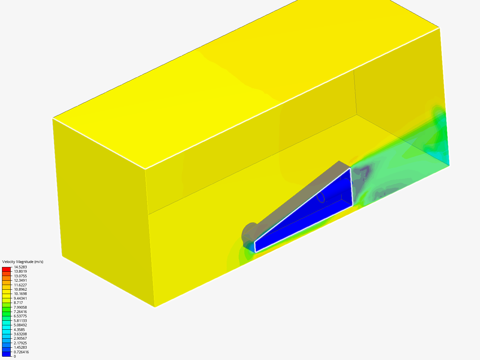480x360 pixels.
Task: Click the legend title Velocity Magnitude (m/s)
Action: [23, 262]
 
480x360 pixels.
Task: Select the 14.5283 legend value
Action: [20, 267]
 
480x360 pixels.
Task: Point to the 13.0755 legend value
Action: [20, 276]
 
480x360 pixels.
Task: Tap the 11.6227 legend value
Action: [20, 285]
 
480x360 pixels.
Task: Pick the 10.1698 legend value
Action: [20, 294]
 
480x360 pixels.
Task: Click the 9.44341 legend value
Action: [20, 298]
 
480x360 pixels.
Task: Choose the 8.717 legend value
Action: [18, 303]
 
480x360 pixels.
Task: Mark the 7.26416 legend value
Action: [20, 312]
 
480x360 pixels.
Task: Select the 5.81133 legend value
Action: [20, 321]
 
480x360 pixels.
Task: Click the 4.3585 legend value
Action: [19, 330]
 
